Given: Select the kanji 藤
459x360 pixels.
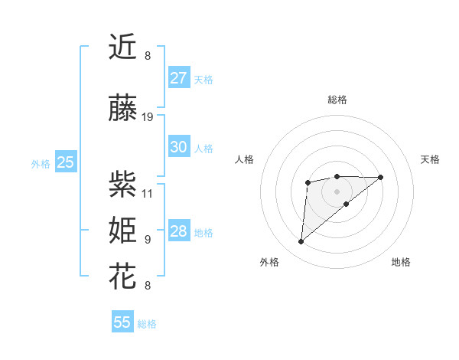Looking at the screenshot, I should pyautogui.click(x=123, y=110).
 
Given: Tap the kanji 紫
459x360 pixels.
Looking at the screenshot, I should pyautogui.click(x=123, y=185).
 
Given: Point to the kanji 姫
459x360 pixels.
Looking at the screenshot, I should pyautogui.click(x=123, y=231).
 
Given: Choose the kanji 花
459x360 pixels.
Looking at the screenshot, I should pyautogui.click(x=123, y=277).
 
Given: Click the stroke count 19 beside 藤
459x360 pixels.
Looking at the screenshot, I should pyautogui.click(x=148, y=117).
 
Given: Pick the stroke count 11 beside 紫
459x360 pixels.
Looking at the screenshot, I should pyautogui.click(x=148, y=193).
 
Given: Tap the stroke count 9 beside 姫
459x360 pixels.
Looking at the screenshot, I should pyautogui.click(x=148, y=239).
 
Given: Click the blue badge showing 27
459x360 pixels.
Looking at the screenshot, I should pyautogui.click(x=178, y=78).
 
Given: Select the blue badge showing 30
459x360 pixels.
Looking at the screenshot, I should pyautogui.click(x=178, y=147).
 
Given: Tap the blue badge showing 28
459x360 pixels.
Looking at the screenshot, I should pyautogui.click(x=178, y=231).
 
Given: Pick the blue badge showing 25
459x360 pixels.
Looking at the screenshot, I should pyautogui.click(x=65, y=162).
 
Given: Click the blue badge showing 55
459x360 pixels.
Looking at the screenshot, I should pyautogui.click(x=122, y=322).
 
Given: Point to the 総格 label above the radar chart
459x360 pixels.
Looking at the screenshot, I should pyautogui.click(x=337, y=100).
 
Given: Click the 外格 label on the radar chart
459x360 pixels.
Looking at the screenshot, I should pyautogui.click(x=269, y=262).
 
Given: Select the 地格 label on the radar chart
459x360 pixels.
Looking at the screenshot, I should pyautogui.click(x=401, y=262).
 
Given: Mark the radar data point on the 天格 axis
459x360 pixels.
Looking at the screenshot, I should pyautogui.click(x=381, y=177).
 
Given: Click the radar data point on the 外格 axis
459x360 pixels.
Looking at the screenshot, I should pyautogui.click(x=301, y=242).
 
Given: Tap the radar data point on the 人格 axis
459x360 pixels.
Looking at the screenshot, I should pyautogui.click(x=308, y=182).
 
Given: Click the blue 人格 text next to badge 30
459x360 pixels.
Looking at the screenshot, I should pyautogui.click(x=203, y=149).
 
